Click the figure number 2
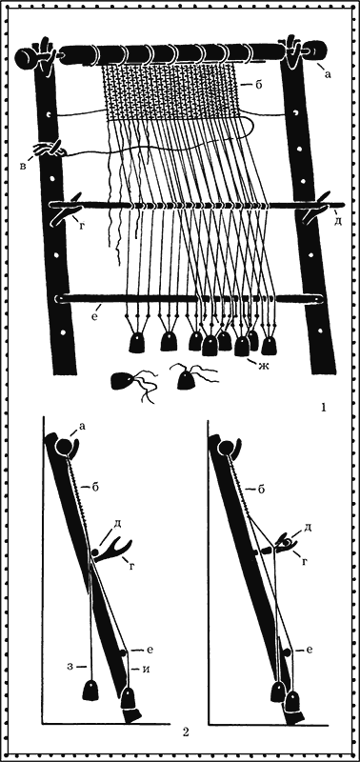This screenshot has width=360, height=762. click(185, 732)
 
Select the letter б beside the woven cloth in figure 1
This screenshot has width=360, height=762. click(259, 85)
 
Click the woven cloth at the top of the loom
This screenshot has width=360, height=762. click(171, 93)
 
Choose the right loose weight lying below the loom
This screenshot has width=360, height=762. click(186, 380)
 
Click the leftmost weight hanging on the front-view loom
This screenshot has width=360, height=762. click(136, 343)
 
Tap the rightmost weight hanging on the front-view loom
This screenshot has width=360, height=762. click(269, 346)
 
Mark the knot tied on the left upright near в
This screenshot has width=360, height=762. click(50, 149)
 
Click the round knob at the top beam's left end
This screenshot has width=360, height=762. click(25, 57)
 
